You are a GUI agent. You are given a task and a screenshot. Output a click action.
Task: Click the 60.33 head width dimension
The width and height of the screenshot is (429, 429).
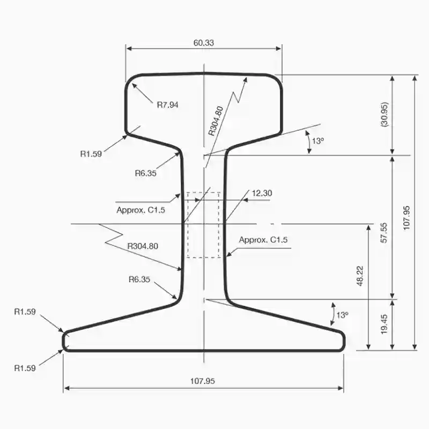tap(203, 43)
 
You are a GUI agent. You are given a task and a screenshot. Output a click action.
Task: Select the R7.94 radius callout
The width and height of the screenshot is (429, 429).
tap(167, 105)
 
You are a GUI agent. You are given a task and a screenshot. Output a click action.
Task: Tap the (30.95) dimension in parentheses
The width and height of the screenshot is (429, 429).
tap(384, 114)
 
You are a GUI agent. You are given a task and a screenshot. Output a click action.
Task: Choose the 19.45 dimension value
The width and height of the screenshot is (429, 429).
tap(384, 324)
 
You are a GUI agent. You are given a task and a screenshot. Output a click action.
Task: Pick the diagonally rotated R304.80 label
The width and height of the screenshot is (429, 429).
tap(215, 121)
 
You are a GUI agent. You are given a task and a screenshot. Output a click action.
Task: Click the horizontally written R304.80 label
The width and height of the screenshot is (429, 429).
tap(143, 246)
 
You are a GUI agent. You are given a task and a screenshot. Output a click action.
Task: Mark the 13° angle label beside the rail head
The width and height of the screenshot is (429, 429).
tap(318, 141)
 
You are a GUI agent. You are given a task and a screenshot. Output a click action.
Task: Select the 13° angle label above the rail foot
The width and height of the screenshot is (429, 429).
tap(342, 315)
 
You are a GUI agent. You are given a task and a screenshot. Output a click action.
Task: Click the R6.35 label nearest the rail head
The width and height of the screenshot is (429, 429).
tap(146, 173)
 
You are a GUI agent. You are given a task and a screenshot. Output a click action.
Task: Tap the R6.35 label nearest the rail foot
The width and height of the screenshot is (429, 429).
tap(140, 279)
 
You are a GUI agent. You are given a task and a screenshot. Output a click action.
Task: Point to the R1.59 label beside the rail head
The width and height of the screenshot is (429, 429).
tap(91, 154)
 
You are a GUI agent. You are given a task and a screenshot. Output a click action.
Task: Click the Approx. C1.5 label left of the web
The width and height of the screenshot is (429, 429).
tap(140, 210)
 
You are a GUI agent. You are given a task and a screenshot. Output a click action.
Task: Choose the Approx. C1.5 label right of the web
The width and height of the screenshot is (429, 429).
tap(263, 240)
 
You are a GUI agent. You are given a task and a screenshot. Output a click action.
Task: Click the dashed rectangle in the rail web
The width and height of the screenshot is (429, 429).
tap(203, 225)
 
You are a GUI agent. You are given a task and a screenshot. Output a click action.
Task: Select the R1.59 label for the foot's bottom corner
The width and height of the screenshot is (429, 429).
tap(25, 368)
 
